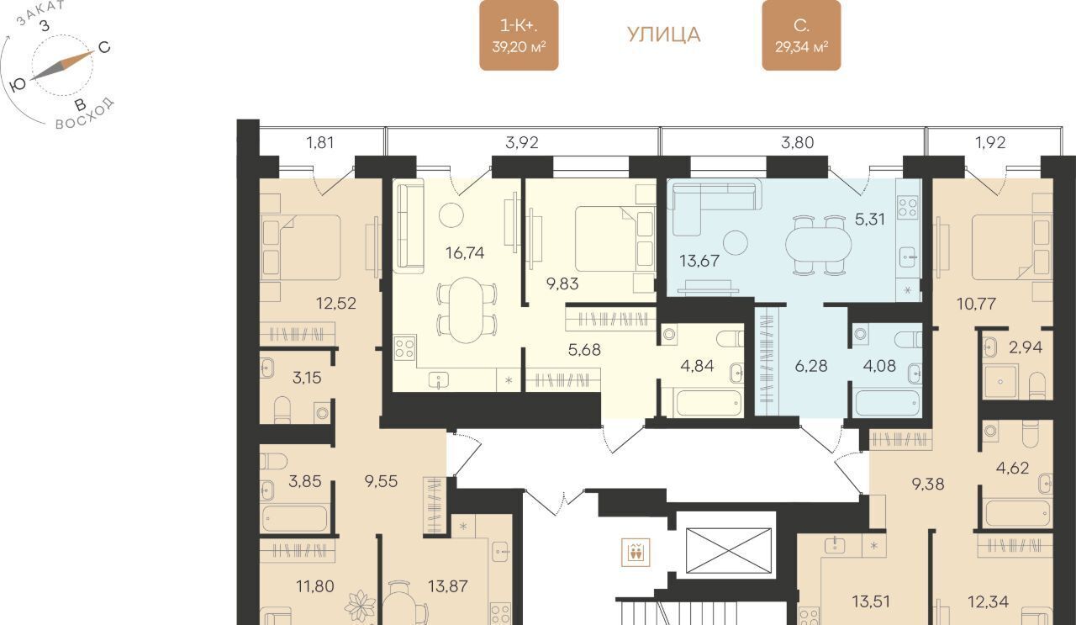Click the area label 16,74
click(x=465, y=253)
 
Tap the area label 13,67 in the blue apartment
click(x=699, y=261)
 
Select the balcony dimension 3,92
click(x=522, y=143)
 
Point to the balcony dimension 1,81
click(x=320, y=143)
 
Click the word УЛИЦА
click(x=664, y=35)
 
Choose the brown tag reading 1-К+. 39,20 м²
click(x=519, y=35)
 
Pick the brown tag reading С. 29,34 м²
click(x=801, y=35)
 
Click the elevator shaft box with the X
click(x=729, y=550)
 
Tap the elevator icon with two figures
click(x=636, y=553)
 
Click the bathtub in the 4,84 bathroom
click(x=709, y=404)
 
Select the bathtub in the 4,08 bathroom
click(x=887, y=405)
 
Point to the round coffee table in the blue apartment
click(x=736, y=243)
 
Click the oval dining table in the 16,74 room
click(x=466, y=310)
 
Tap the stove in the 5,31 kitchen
click(x=908, y=207)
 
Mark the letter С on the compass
click(x=104, y=47)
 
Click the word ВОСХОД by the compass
click(x=86, y=115)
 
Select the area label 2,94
click(x=1026, y=347)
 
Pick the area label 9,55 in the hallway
click(x=381, y=481)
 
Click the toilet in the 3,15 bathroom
click(x=282, y=410)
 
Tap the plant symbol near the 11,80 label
click(x=360, y=606)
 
